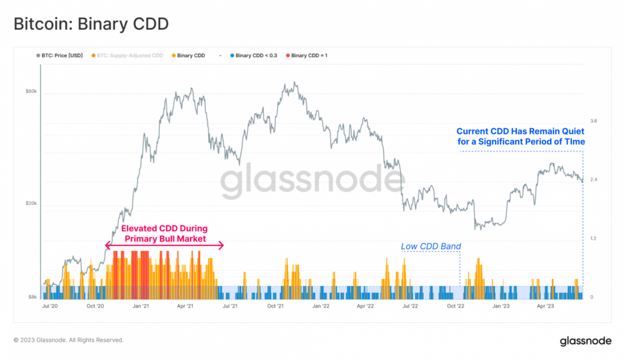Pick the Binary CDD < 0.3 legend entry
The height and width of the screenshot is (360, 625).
point(256,56)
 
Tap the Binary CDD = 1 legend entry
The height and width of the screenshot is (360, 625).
point(309,56)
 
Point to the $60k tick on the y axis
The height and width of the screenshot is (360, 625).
point(31,92)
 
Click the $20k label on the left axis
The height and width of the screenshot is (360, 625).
point(31,204)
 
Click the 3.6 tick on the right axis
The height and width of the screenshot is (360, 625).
point(593,121)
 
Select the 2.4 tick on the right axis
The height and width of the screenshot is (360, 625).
point(593,179)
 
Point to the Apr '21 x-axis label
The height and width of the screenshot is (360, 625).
point(184,306)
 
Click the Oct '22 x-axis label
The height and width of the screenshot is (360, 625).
point(456,306)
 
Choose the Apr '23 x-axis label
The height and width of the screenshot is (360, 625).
point(546,306)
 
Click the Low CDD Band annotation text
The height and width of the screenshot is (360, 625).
point(431,247)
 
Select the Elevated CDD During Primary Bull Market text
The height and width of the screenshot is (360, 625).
point(165,234)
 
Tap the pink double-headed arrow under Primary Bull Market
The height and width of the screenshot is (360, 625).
point(165,245)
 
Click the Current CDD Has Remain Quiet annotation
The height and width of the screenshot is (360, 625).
point(521,137)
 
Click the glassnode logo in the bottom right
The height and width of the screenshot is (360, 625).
point(585,341)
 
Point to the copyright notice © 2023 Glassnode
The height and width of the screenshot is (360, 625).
point(68,340)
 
